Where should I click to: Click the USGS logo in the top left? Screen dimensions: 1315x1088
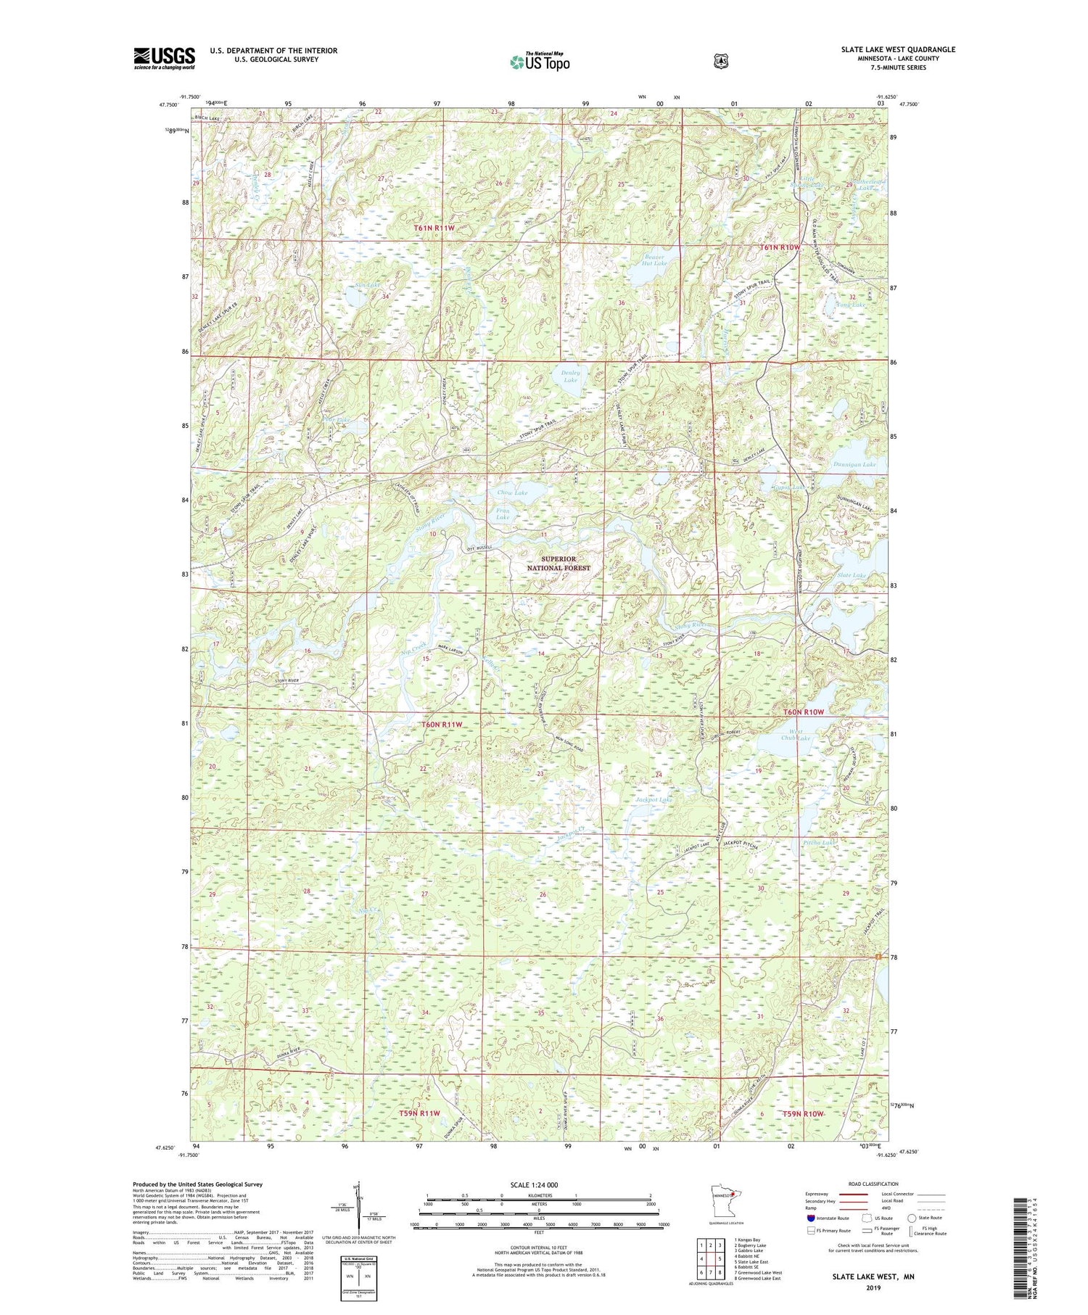click(x=164, y=58)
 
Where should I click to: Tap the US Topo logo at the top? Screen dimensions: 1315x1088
click(x=540, y=62)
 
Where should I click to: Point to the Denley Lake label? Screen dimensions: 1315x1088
click(x=570, y=376)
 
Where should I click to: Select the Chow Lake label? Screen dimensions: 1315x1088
click(x=512, y=492)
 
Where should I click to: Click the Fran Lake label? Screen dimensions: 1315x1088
click(x=502, y=514)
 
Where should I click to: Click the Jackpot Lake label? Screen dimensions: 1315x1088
click(x=654, y=799)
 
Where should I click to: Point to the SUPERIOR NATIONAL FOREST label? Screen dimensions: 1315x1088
click(x=559, y=564)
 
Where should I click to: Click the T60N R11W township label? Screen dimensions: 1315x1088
click(x=441, y=724)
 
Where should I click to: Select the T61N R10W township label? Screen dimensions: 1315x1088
click(x=780, y=247)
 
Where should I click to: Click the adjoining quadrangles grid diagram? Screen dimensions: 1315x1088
click(x=712, y=1256)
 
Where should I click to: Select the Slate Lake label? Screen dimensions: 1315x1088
click(x=851, y=575)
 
